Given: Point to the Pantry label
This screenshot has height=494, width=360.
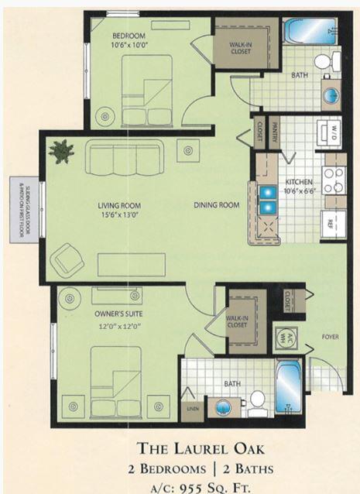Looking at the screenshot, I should (274, 136).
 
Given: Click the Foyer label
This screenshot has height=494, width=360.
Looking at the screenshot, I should (330, 338).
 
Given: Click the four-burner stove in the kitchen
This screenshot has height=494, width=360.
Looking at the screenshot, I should (334, 180).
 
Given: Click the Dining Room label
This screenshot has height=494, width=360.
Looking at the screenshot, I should (216, 204).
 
